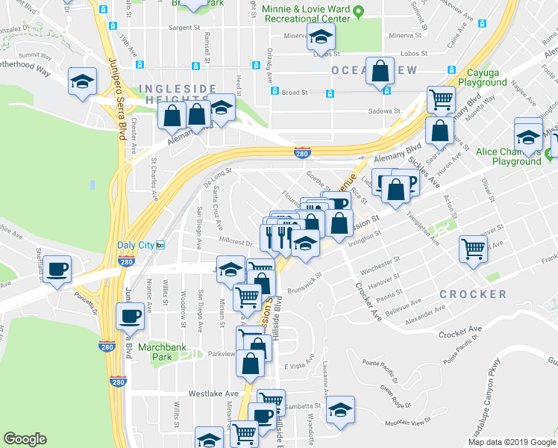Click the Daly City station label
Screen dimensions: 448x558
pyautogui.click(x=136, y=245)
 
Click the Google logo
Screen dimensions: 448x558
pyautogui.click(x=25, y=439)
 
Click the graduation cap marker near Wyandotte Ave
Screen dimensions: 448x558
pyautogui.click(x=340, y=409)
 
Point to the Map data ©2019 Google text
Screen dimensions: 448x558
pyautogui.click(x=511, y=441)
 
